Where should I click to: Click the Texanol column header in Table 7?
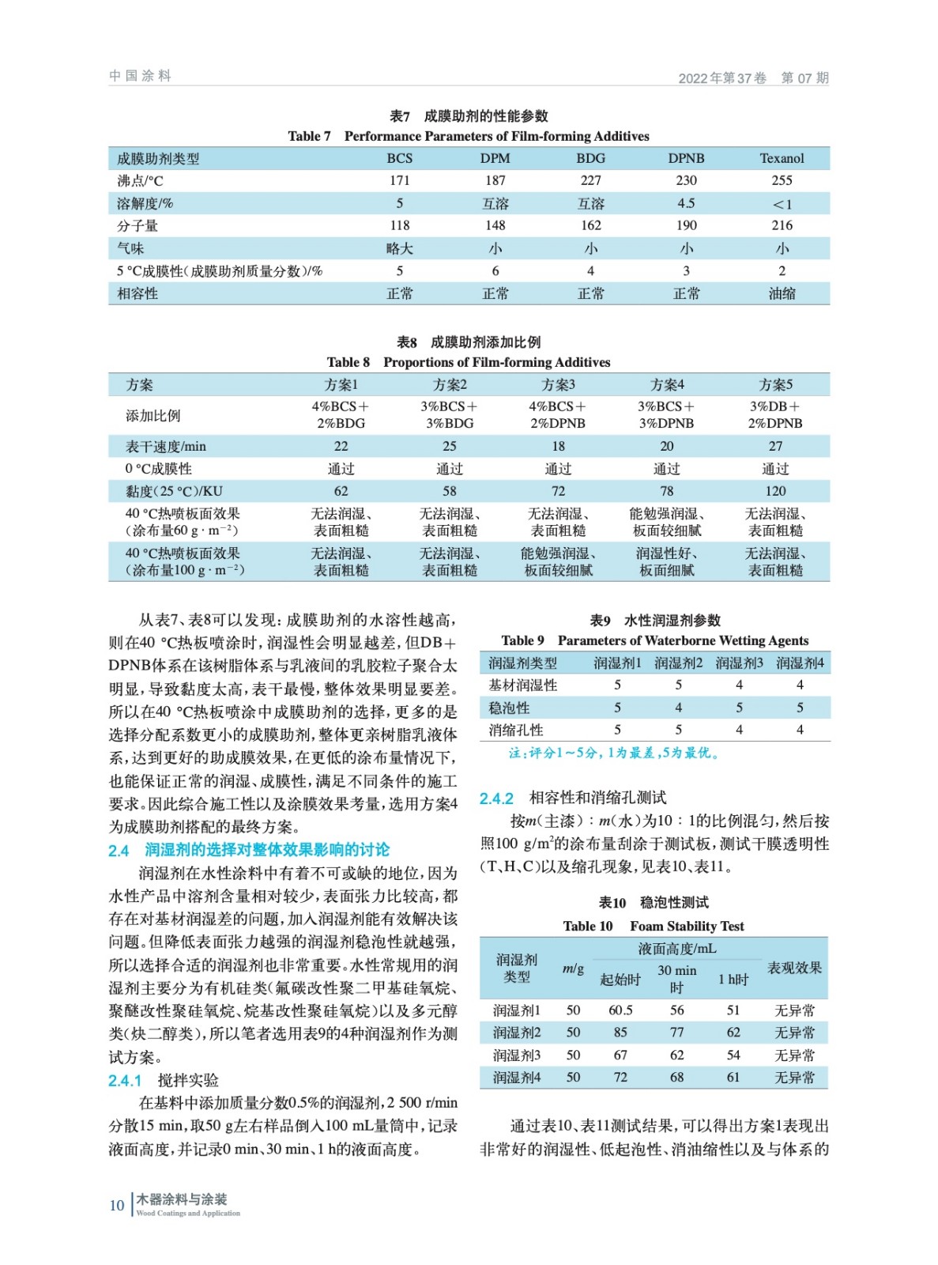(782, 158)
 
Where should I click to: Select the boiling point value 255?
(782, 180)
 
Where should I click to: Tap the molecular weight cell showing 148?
(495, 225)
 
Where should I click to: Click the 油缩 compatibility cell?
(782, 293)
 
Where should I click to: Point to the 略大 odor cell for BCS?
(400, 248)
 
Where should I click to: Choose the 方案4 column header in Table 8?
(666, 385)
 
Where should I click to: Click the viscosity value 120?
(774, 491)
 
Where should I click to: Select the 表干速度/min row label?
(165, 446)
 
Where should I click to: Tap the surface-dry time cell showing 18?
(558, 446)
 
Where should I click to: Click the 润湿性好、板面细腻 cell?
(666, 561)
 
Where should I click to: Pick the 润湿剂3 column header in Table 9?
(739, 663)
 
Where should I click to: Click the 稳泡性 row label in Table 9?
(509, 708)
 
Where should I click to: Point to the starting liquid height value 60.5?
(620, 1010)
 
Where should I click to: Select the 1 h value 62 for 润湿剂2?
(733, 1032)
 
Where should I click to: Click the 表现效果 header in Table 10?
(793, 968)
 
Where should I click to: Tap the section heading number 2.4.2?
(496, 799)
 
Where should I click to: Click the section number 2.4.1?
(125, 1081)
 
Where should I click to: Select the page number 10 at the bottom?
(116, 1206)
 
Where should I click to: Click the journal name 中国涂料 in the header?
(140, 76)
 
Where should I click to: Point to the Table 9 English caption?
(654, 640)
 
